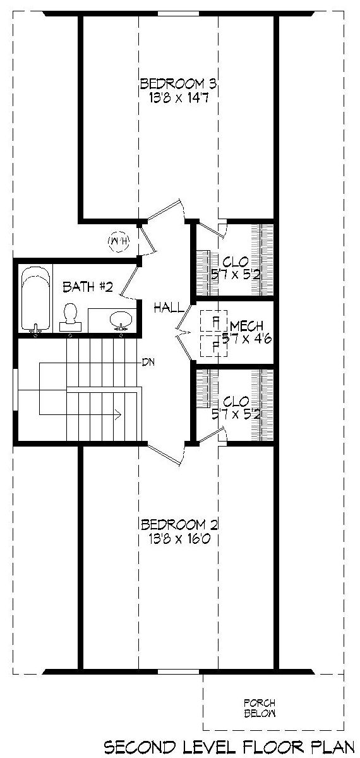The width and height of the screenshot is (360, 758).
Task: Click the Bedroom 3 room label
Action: pos(178,83)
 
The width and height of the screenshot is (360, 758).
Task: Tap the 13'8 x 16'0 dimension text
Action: pos(179,538)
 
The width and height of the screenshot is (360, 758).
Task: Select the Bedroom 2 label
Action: pos(179,524)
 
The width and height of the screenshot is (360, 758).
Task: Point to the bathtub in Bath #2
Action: pos(35,298)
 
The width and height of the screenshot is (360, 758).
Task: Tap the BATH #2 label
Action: pos(87,287)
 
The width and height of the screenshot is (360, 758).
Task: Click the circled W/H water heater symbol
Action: pos(119,241)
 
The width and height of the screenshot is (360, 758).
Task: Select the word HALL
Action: pos(169,308)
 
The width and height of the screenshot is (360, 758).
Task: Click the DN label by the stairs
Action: pos(148,363)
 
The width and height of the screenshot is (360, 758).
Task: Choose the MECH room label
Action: pos(247,326)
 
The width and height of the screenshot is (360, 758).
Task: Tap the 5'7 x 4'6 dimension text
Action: pos(247,339)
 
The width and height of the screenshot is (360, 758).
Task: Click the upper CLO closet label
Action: pos(236,262)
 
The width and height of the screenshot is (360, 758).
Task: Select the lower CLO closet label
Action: pos(236,402)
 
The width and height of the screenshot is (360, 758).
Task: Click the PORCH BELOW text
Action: pos(260,709)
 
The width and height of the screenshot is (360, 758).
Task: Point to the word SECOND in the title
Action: pos(140,747)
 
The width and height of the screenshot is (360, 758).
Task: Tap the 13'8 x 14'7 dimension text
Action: pos(178,98)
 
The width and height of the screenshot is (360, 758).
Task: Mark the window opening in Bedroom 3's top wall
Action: pos(178,13)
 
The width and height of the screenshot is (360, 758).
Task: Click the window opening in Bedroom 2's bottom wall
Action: pos(178,671)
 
